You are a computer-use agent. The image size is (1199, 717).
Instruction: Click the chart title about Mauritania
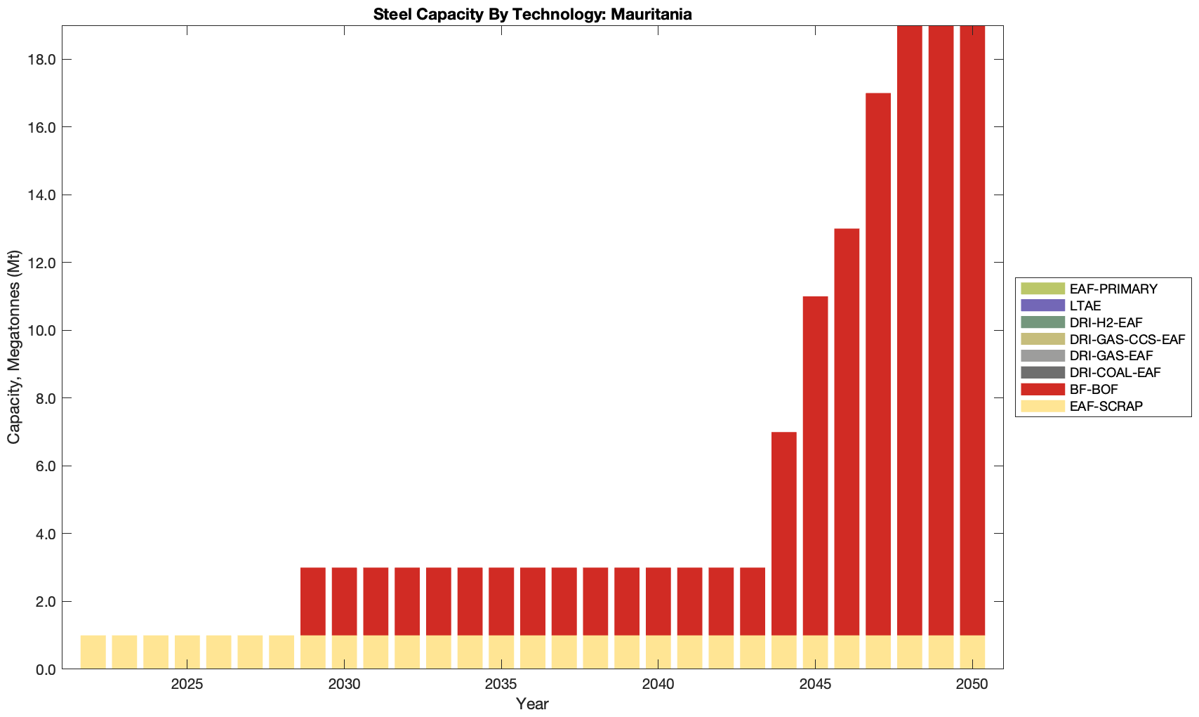[x=532, y=14]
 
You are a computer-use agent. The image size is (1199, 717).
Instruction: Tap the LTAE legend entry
[x=1085, y=305]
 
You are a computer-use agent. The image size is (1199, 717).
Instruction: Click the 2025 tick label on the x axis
[x=187, y=685]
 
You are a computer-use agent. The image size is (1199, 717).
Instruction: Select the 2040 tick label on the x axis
[x=658, y=685]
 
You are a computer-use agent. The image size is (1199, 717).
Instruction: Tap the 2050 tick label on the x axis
[x=972, y=685]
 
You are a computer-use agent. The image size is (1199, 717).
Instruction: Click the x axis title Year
[x=532, y=704]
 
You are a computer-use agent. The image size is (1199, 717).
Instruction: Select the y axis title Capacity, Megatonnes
[x=14, y=347]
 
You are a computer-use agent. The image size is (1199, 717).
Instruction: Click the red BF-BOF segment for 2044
[x=784, y=534]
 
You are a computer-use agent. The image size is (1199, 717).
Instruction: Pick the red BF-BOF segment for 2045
[x=816, y=466]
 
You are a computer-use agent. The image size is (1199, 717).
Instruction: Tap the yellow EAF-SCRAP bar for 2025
[x=187, y=652]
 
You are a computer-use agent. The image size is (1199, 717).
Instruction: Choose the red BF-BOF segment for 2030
[x=344, y=601]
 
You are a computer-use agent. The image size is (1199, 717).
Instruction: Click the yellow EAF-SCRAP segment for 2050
[x=972, y=652]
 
